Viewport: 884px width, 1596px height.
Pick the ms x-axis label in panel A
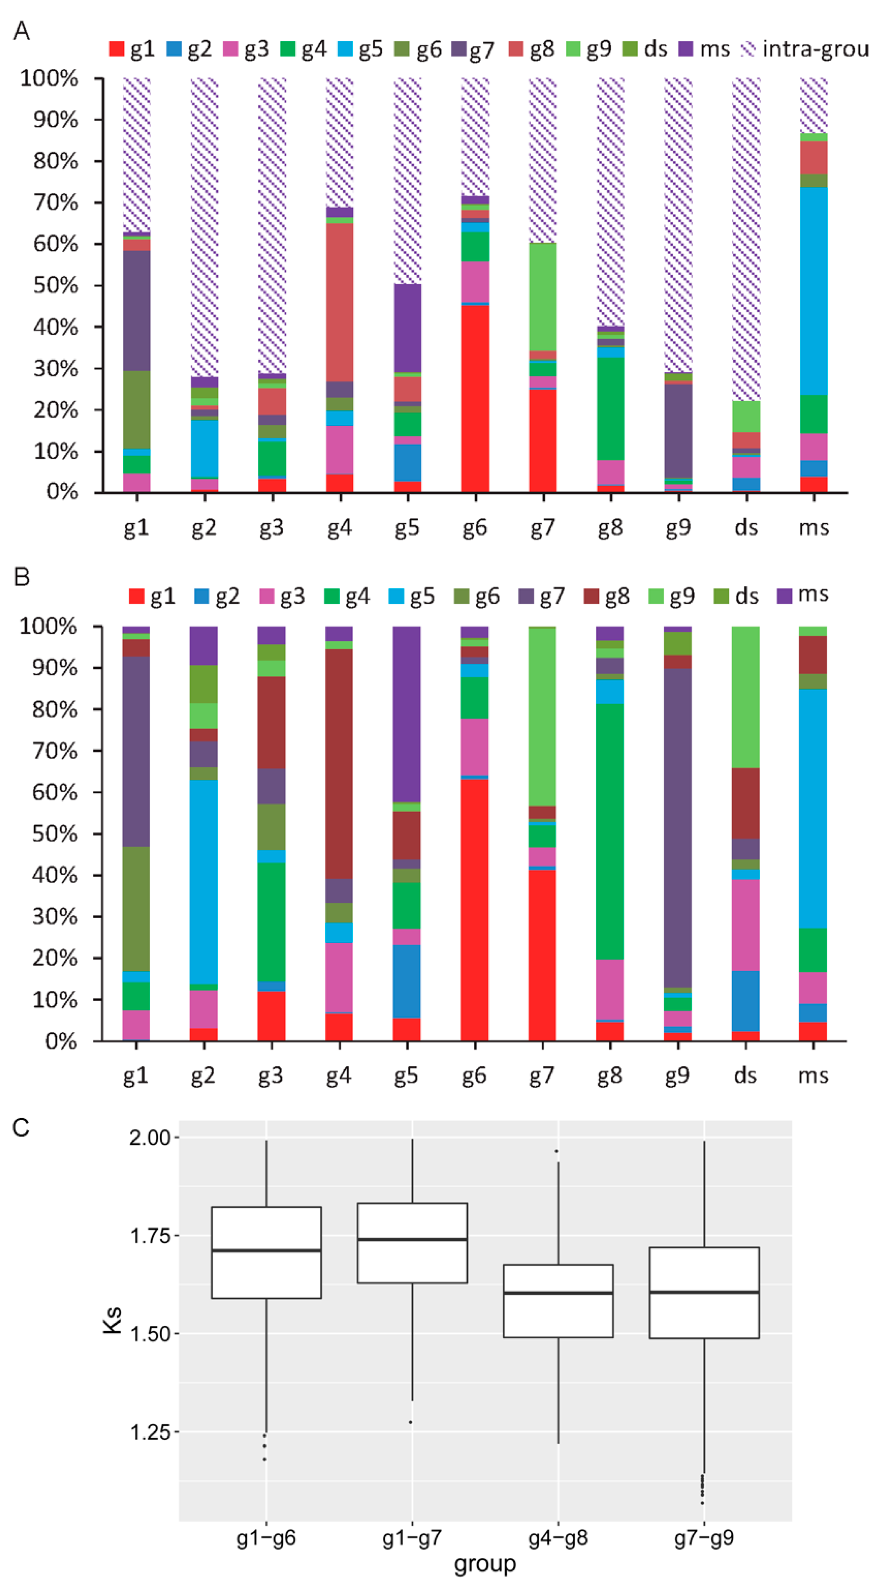813,527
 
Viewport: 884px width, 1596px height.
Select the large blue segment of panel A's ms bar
813,291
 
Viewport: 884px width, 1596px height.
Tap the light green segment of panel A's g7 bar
543,297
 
